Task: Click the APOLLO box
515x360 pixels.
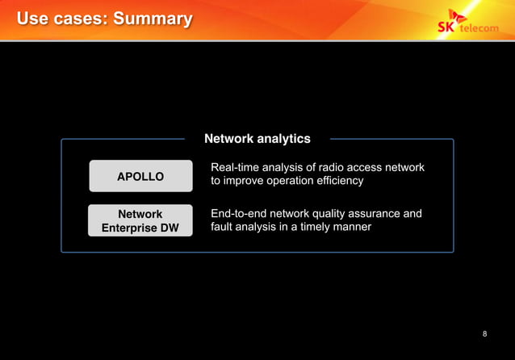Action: tap(140, 176)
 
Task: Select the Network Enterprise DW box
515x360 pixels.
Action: tap(140, 220)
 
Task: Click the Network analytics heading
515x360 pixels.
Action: tap(257, 139)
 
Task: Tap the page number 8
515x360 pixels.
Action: tap(484, 334)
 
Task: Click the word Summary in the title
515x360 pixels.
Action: tap(153, 19)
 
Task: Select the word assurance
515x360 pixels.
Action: tap(375, 214)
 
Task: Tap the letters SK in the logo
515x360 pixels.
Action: tap(446, 26)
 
